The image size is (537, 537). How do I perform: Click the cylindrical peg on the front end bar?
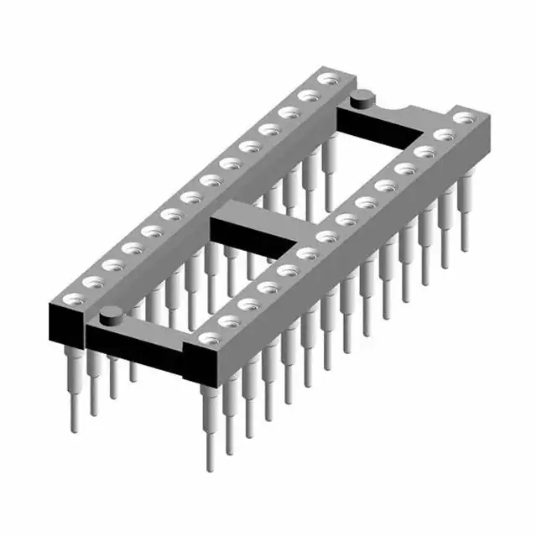tap(108, 316)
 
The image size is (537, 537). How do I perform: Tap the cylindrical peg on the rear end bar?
tap(363, 99)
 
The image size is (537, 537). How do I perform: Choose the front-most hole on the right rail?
tap(207, 338)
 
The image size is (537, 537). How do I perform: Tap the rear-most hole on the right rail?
tap(458, 120)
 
